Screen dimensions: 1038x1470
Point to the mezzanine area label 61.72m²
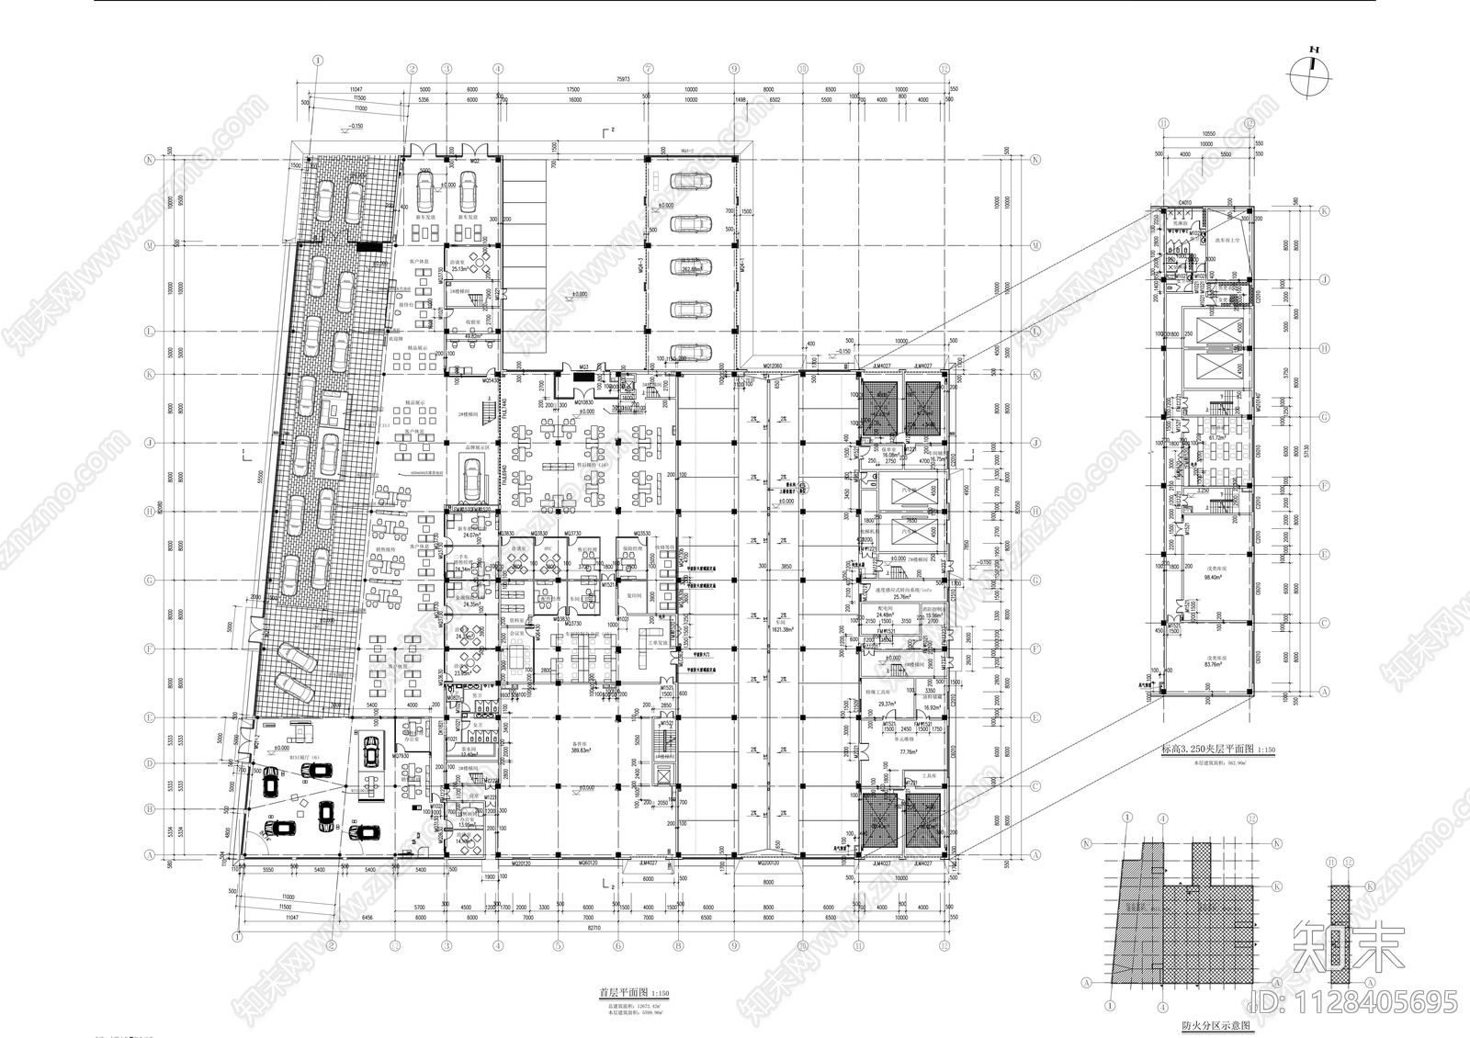tap(1218, 438)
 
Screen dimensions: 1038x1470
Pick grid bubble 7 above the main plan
tap(648, 68)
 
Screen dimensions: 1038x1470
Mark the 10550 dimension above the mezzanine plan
tap(1204, 133)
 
